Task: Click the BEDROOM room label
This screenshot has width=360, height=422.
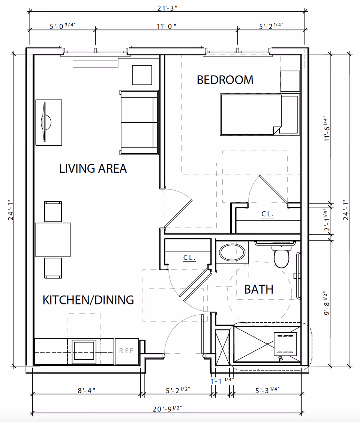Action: [x=225, y=80]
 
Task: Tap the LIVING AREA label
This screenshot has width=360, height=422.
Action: [x=93, y=168]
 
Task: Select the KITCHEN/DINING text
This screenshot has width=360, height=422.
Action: [x=88, y=300]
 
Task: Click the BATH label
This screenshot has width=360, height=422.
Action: [x=259, y=289]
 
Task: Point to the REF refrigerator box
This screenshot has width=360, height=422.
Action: [x=126, y=351]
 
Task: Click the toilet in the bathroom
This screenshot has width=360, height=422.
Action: [x=282, y=255]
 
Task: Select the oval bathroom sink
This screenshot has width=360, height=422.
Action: [x=232, y=253]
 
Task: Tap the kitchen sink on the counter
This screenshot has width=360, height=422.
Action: [x=84, y=351]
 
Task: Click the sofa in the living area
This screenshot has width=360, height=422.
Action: [x=139, y=122]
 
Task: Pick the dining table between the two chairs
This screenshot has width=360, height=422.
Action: [x=53, y=240]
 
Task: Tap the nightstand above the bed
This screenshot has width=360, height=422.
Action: [x=290, y=81]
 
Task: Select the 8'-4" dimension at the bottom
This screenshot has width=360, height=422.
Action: [x=86, y=390]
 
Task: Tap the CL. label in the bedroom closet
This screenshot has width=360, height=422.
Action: [x=267, y=214]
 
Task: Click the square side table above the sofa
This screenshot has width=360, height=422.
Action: [x=142, y=75]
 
